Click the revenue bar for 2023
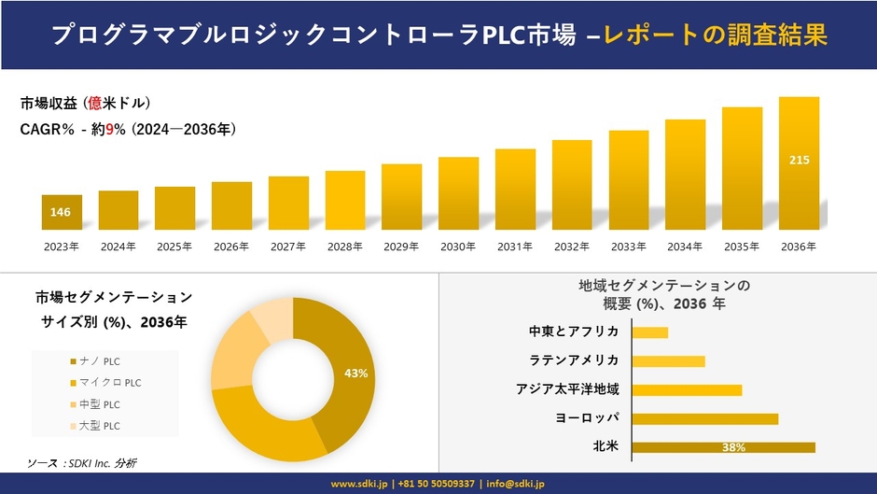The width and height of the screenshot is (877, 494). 62,212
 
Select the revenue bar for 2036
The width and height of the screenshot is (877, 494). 799,163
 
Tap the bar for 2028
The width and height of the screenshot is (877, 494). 345,200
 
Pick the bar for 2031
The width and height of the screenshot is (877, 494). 515,189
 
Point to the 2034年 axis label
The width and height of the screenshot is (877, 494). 685,247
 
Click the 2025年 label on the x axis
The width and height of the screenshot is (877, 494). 174,247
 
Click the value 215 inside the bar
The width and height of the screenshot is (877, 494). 800,161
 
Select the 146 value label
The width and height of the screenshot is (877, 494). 61,212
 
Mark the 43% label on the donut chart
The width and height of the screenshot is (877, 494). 355,374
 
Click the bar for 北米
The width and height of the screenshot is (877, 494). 723,447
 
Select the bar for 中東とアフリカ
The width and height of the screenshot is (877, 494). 649,332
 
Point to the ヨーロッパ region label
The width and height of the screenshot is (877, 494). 586,417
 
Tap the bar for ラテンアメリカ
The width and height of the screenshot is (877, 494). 668,360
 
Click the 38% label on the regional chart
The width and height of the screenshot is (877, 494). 732,447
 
